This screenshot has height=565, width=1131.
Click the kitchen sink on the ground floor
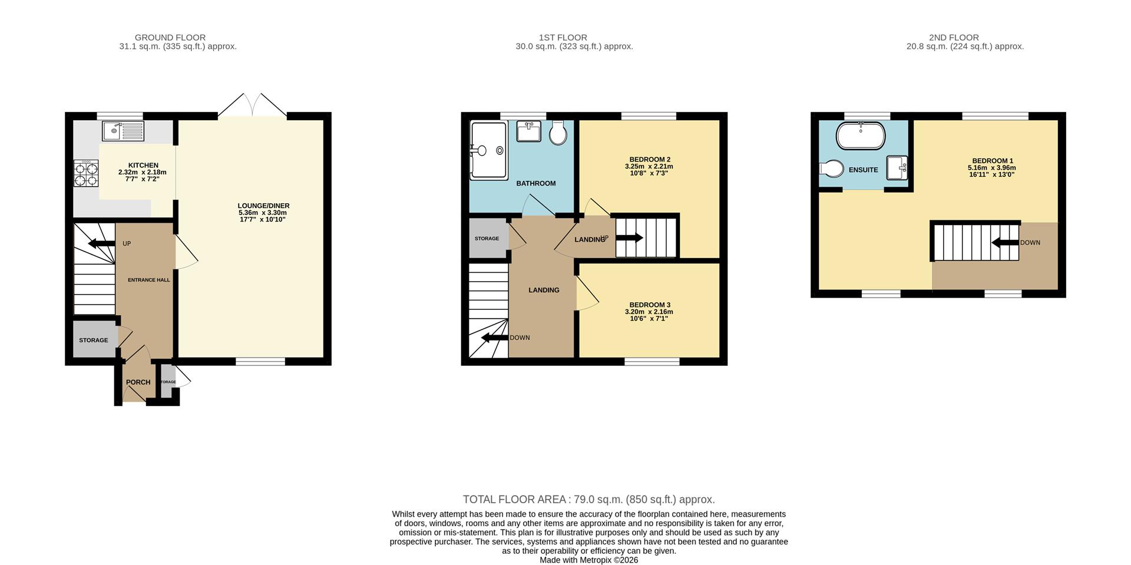tap(123, 131)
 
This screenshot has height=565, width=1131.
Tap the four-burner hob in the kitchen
tap(86, 173)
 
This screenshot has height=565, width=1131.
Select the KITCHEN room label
tap(143, 166)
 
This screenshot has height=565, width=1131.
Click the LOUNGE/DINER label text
tap(263, 206)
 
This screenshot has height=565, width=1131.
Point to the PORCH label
tap(138, 382)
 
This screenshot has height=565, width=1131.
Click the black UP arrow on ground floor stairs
tap(101, 243)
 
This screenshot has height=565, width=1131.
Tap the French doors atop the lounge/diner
tap(253, 105)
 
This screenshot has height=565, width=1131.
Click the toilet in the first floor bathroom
tap(558, 133)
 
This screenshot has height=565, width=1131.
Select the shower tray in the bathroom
tap(488, 151)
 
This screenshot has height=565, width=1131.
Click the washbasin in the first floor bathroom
tap(529, 131)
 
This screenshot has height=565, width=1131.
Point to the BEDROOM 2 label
tap(650, 160)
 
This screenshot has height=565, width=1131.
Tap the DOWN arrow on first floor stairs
tap(495, 338)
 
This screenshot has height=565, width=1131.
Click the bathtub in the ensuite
tap(861, 136)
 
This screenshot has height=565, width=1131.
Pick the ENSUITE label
tap(864, 170)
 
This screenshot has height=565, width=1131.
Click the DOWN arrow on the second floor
tap(1006, 242)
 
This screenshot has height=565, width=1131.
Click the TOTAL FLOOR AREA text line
tap(588, 500)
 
